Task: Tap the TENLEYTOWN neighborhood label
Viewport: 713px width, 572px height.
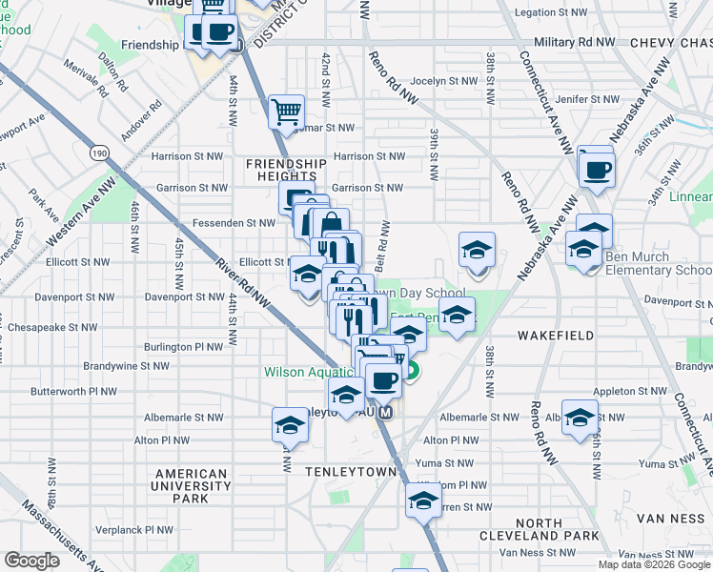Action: tap(343, 472)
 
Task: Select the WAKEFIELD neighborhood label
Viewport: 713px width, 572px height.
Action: tap(556, 336)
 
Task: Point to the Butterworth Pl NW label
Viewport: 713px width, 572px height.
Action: tap(73, 391)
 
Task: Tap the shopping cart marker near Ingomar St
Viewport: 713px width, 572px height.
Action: tap(286, 112)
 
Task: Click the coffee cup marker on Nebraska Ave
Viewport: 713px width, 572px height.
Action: tap(598, 171)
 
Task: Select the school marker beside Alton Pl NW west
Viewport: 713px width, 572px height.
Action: tap(290, 426)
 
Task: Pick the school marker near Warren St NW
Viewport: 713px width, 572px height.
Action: tap(423, 500)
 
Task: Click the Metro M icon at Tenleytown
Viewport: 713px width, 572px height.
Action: tap(385, 413)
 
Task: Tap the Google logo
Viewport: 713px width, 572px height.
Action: tap(31, 561)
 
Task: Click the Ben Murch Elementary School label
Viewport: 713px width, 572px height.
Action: tap(660, 270)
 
